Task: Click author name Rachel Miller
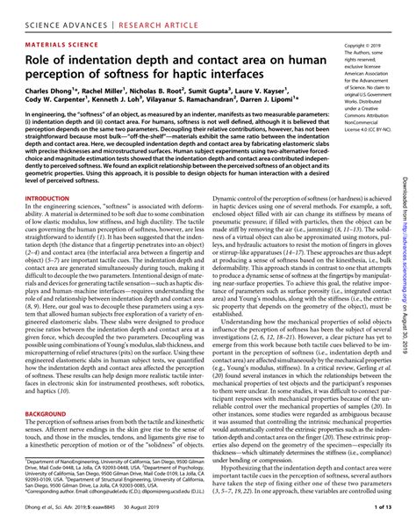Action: point(111,92)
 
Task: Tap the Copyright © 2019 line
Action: point(368,44)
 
